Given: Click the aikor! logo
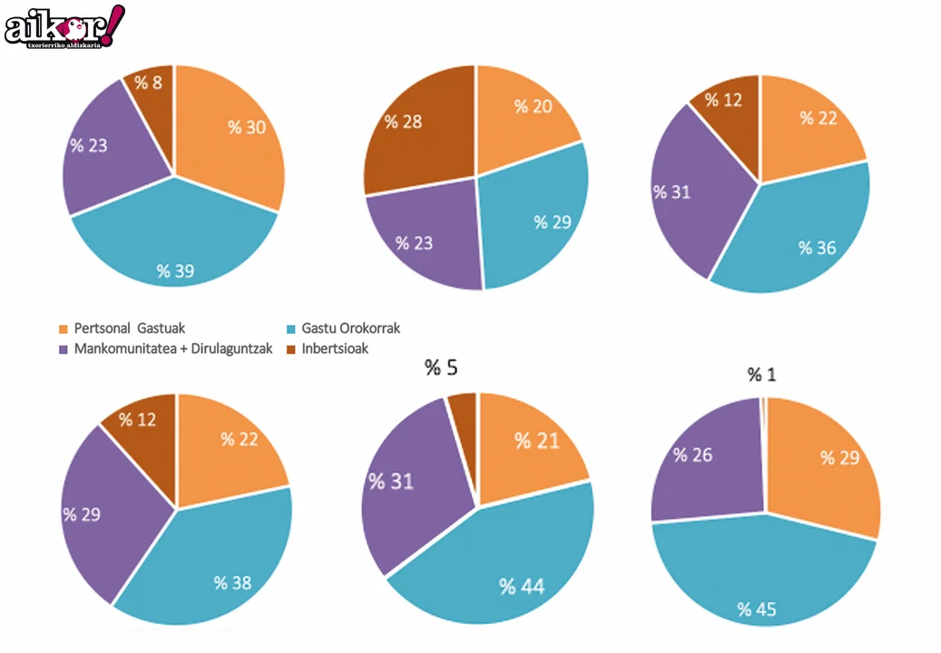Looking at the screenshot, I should click(64, 25).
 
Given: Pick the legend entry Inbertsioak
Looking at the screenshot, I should click(335, 348).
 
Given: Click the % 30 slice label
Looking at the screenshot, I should click(247, 128).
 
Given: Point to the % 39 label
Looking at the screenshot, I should click(175, 270).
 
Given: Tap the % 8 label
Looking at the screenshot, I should click(148, 83).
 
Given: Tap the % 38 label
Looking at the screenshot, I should click(232, 583).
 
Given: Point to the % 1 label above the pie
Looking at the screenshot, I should click(762, 375).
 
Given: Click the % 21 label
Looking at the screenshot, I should click(535, 441).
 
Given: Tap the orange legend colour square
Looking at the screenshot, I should click(64, 328).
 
